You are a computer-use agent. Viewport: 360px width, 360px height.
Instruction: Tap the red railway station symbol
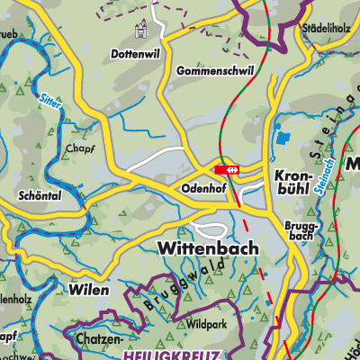(x=226, y=167)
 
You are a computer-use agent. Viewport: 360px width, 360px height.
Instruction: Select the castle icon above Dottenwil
(x=139, y=31)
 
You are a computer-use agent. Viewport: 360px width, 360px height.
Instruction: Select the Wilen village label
(x=89, y=290)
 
